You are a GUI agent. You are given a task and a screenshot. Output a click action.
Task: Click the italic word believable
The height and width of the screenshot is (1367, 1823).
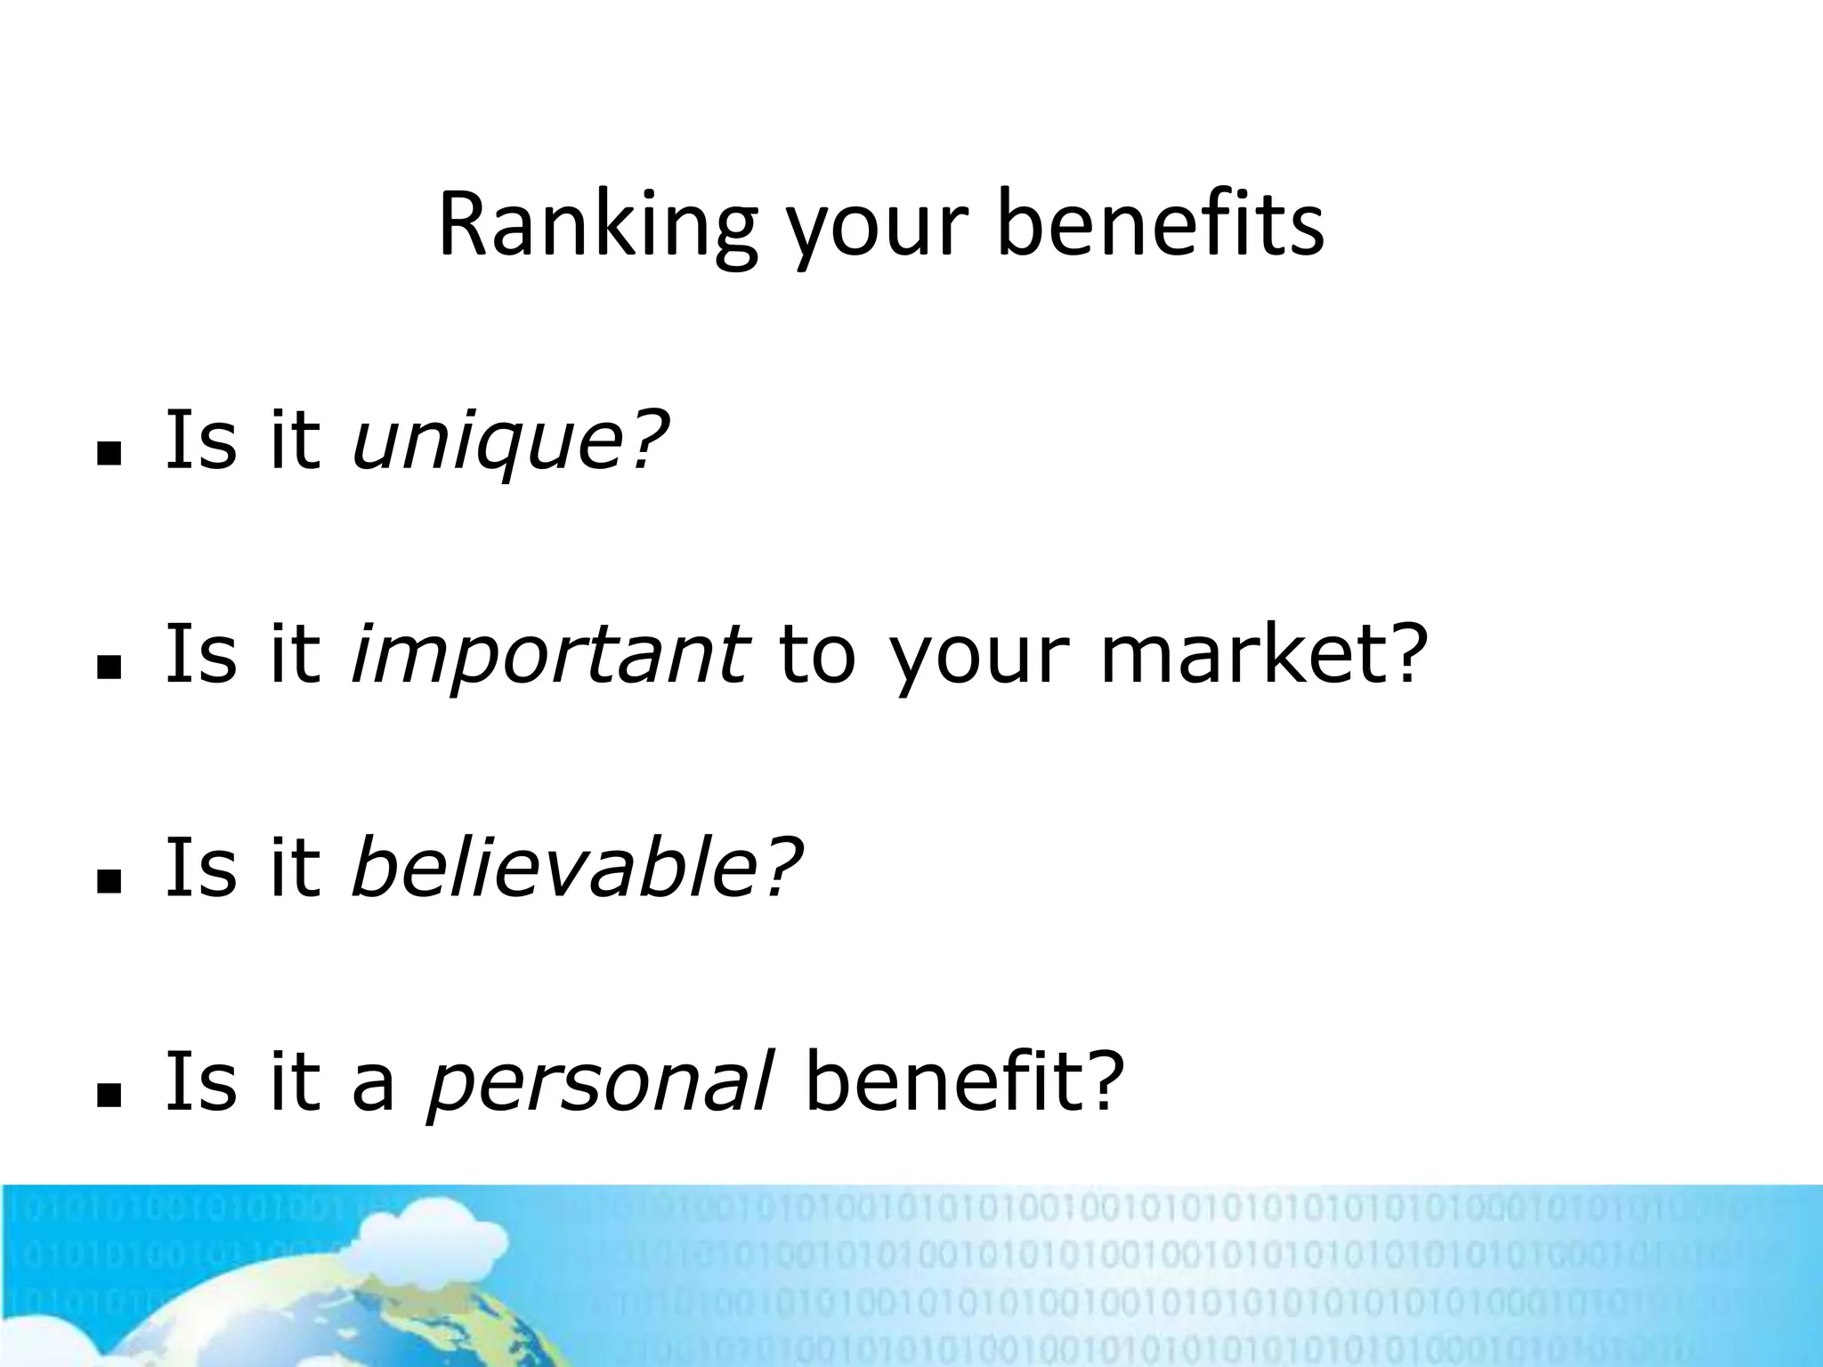[557, 867]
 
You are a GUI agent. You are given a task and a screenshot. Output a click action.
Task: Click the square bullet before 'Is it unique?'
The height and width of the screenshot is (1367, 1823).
[109, 454]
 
